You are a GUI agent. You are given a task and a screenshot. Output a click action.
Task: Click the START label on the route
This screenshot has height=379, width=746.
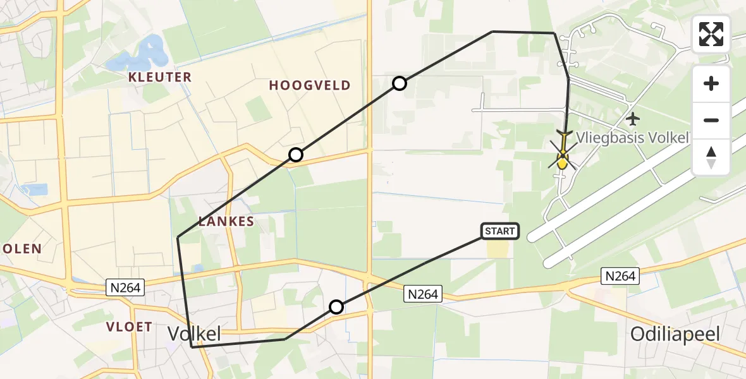(x=500, y=231)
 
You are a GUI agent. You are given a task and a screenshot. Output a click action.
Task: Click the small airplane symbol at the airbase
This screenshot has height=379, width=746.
(x=632, y=118)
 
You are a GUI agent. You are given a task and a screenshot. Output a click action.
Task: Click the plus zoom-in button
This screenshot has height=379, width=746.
(x=711, y=84)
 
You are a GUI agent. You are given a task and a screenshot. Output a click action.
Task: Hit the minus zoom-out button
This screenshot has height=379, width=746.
(x=711, y=120)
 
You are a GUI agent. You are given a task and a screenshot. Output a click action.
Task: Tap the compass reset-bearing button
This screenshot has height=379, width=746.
(x=711, y=157)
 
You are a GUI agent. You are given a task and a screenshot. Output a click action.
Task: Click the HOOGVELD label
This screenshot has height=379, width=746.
(x=310, y=86)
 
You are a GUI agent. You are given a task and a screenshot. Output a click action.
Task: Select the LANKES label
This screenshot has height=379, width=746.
(x=226, y=222)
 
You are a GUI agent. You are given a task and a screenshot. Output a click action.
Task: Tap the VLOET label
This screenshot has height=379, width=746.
(x=130, y=327)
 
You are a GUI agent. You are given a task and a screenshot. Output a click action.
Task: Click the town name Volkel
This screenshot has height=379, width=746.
(x=194, y=334)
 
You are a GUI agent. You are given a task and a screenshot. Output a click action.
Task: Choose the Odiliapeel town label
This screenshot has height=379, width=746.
(x=675, y=334)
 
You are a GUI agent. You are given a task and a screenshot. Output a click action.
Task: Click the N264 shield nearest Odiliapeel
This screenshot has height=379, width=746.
(x=620, y=276)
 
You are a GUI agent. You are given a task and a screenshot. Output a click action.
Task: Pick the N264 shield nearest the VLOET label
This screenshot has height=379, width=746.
(x=126, y=288)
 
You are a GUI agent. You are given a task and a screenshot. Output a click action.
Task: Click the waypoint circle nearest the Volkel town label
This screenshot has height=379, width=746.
(x=336, y=307)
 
